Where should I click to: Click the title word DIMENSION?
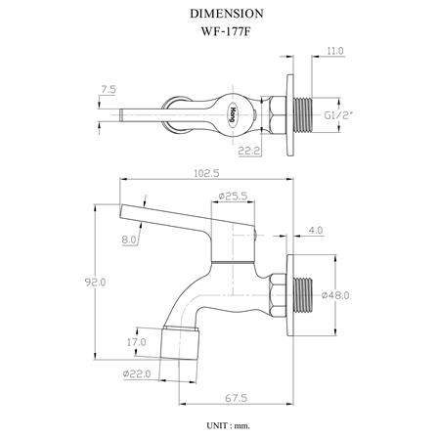pos(227,14)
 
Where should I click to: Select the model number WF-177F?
pos(227,31)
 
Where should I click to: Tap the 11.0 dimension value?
pos(335,51)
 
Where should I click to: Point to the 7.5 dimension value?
pos(109,90)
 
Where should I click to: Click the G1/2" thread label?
pos(339,115)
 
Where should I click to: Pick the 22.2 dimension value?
pos(248,151)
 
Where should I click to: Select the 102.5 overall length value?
pos(206,173)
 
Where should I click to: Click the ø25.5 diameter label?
pos(233,196)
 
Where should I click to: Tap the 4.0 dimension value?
pos(316,230)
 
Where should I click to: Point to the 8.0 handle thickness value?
pos(129,240)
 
